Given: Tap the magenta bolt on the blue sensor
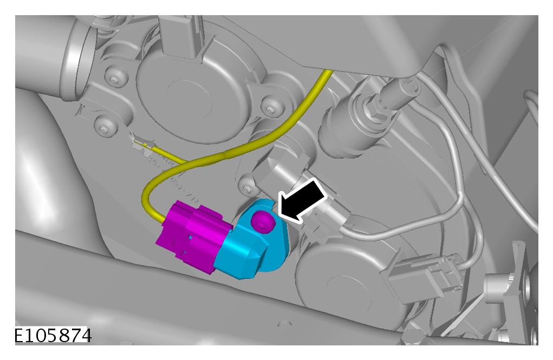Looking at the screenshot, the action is click(x=262, y=221).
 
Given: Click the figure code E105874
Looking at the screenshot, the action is click(x=53, y=335).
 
